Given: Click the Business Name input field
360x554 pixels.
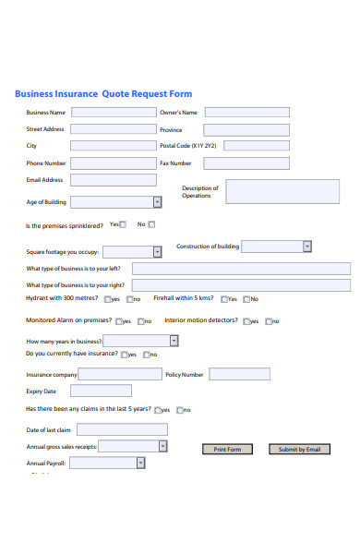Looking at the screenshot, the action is click(114, 113).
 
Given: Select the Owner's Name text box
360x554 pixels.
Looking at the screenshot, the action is click(246, 113).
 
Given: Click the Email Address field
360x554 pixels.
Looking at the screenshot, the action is click(114, 180).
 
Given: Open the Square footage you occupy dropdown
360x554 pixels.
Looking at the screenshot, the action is click(129, 251).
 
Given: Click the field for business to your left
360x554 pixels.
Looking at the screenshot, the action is click(241, 269).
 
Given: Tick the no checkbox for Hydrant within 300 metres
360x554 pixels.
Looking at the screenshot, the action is click(128, 299).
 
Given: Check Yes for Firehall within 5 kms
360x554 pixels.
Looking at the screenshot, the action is click(222, 299).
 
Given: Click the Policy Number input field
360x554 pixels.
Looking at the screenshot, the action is click(239, 375).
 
